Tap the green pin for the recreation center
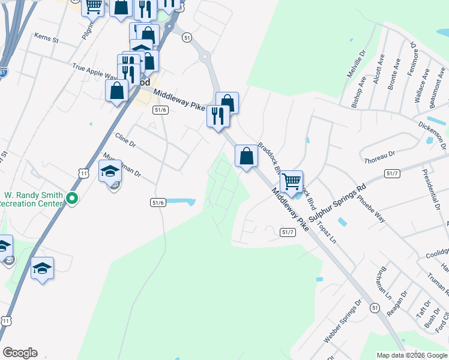pos(73,198)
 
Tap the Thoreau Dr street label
pos(379,157)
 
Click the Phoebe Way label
pos(372,208)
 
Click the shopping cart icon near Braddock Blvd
pos(291,181)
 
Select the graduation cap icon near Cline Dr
pos(110,172)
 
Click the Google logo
pos(20,353)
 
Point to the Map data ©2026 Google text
pos(412,355)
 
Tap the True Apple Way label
pos(94,72)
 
